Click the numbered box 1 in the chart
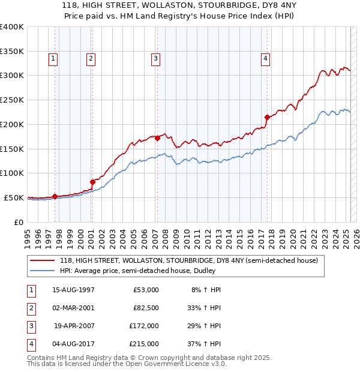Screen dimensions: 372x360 pos(53,58)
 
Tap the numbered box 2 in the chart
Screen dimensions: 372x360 pos(91,58)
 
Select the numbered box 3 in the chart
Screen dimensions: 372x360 pos(155,58)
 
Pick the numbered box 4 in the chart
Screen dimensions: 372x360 pos(265,58)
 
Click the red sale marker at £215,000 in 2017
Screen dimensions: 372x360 pos(267,117)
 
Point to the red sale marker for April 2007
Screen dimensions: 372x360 pos(157,138)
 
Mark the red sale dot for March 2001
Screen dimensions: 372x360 pos(92,182)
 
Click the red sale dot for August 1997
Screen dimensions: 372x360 pos(55,196)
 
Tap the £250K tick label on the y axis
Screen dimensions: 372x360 pos(12,100)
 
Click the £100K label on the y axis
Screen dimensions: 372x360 pos(12,173)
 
